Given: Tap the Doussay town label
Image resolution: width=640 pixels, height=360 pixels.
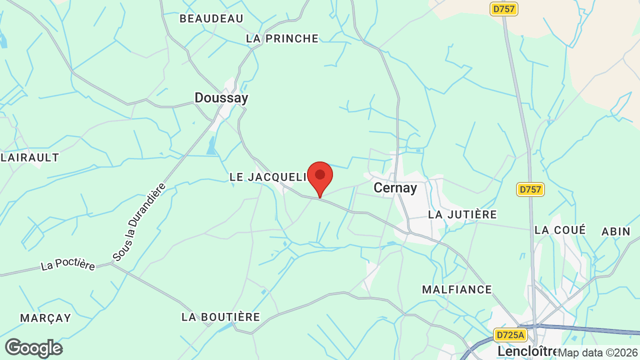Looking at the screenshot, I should click(x=221, y=98).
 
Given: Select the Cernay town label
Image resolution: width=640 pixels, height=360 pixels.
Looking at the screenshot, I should click(x=395, y=188).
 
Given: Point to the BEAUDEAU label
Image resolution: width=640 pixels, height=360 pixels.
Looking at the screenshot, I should click(x=211, y=19).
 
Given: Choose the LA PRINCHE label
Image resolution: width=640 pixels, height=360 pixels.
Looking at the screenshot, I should click(x=282, y=38).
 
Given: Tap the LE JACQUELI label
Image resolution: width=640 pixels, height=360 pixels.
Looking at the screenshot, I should click(x=267, y=177).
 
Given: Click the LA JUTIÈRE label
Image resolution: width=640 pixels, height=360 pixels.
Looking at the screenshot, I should click(x=462, y=214).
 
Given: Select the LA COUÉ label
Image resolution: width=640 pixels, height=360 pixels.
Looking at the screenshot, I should click(x=559, y=230).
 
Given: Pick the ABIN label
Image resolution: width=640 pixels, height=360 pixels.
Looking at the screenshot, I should click(x=616, y=231).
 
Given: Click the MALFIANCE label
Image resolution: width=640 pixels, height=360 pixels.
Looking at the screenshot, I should click(x=457, y=289).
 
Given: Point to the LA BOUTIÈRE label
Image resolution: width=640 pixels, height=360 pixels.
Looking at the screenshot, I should click(x=220, y=317).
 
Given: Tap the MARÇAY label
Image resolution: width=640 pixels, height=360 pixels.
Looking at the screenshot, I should click(x=45, y=318).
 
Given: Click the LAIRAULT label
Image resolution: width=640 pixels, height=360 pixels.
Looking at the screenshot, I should click(x=30, y=157).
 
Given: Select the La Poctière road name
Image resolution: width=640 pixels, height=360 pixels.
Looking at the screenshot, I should click(x=68, y=263).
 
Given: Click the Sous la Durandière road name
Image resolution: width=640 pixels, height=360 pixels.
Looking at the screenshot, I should click(x=139, y=222).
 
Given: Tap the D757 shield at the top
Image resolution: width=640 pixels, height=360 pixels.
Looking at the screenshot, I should click(x=503, y=9).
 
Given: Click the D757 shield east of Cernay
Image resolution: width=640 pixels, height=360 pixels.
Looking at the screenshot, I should click(x=530, y=189).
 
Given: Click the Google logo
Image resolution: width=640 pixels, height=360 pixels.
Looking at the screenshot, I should click(x=33, y=348).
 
